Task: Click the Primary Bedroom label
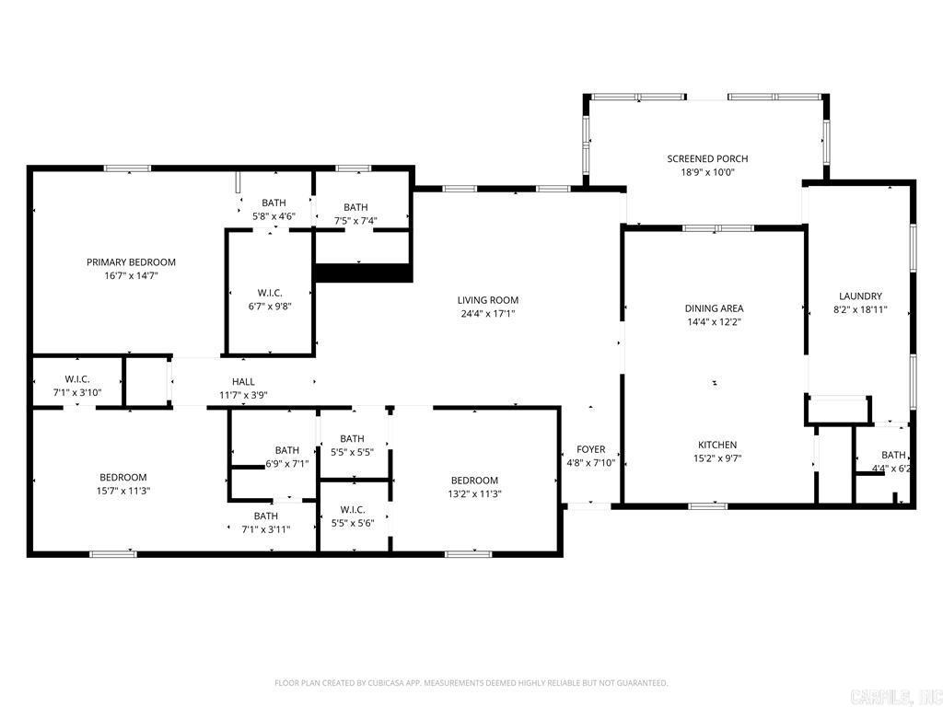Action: (x=131, y=262)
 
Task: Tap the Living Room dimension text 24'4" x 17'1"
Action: (x=488, y=313)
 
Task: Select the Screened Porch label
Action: (x=707, y=159)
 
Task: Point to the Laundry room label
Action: (x=860, y=296)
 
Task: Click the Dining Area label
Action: (x=714, y=308)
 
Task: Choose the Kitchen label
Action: (x=716, y=445)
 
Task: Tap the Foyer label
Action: (x=591, y=450)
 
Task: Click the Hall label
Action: (x=243, y=382)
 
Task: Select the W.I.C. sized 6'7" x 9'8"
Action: (x=269, y=293)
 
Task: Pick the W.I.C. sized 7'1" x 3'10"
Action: (x=76, y=379)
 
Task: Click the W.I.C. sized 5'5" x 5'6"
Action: (x=352, y=510)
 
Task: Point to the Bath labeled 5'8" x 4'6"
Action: (x=274, y=203)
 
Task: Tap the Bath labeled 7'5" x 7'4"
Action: (x=355, y=208)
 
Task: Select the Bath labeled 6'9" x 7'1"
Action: (x=286, y=450)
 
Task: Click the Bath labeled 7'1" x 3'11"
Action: (x=265, y=516)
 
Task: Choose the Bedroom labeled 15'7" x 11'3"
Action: (x=123, y=478)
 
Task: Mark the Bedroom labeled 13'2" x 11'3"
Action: (x=474, y=481)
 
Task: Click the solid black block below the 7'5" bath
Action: (x=363, y=272)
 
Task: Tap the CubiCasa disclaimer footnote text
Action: (x=471, y=683)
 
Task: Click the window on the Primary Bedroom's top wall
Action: (x=127, y=168)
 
